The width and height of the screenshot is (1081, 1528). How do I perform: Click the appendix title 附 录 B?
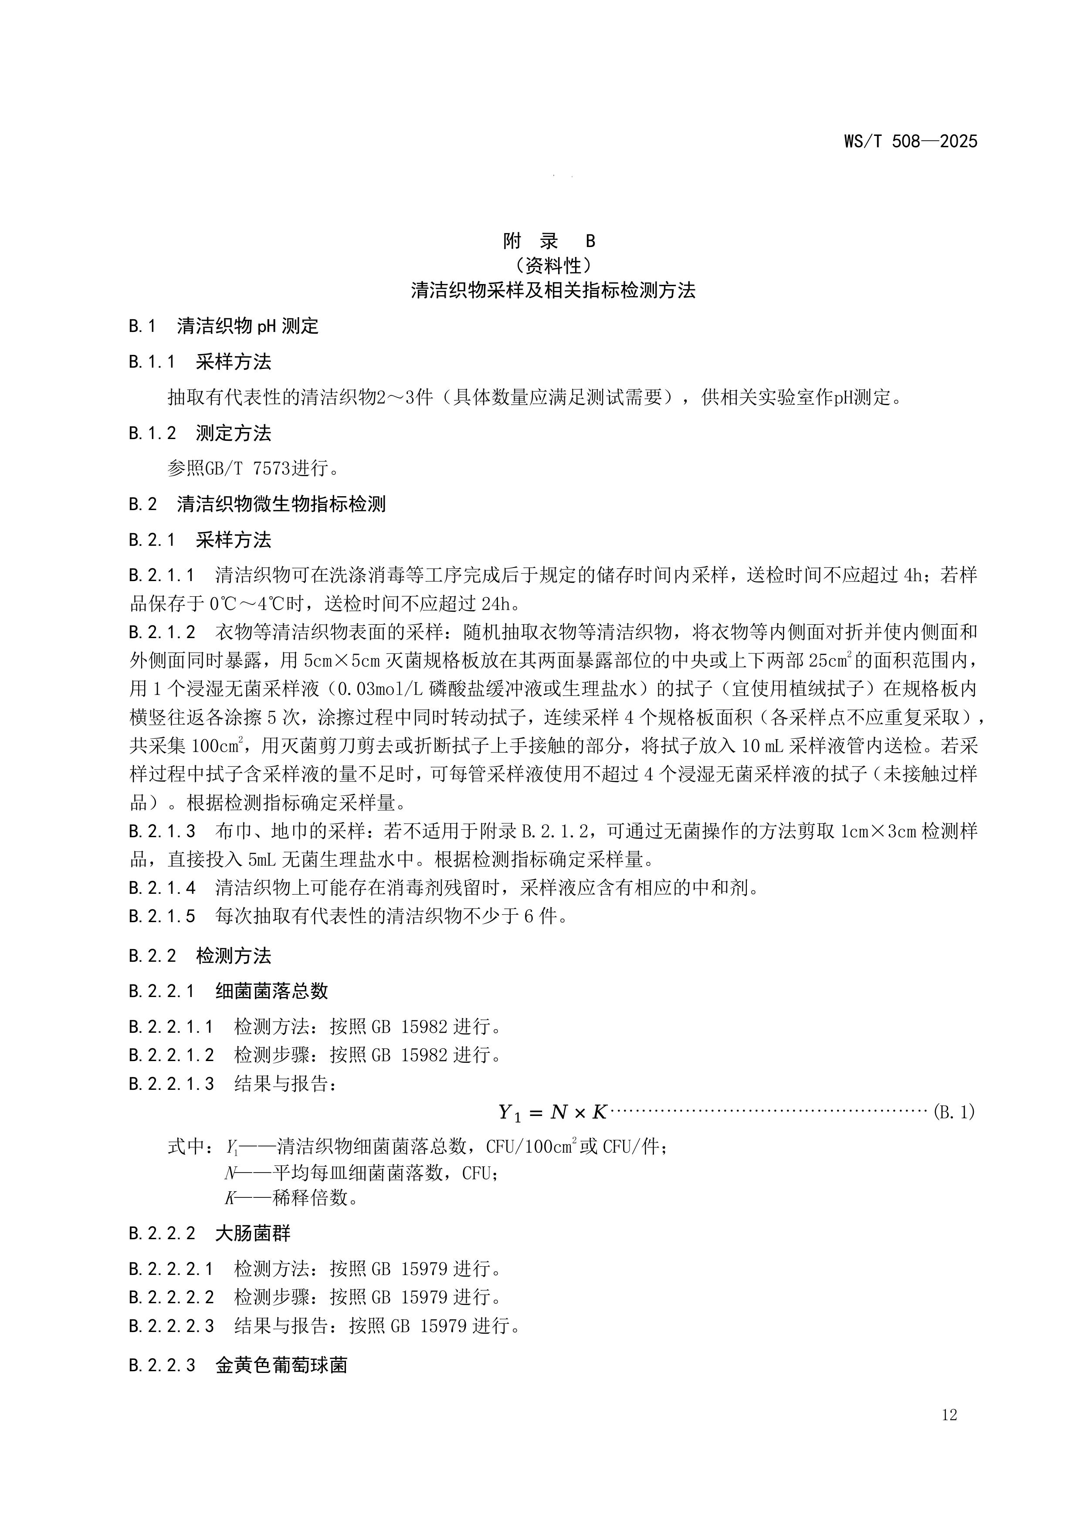click(549, 240)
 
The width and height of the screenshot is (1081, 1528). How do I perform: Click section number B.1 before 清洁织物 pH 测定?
click(142, 326)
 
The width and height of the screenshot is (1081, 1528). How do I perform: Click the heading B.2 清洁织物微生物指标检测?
click(257, 504)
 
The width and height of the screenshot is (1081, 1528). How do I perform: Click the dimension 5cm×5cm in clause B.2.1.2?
click(342, 660)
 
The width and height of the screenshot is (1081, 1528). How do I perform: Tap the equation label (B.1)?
click(954, 1112)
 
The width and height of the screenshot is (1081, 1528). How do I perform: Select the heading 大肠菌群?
click(253, 1233)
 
